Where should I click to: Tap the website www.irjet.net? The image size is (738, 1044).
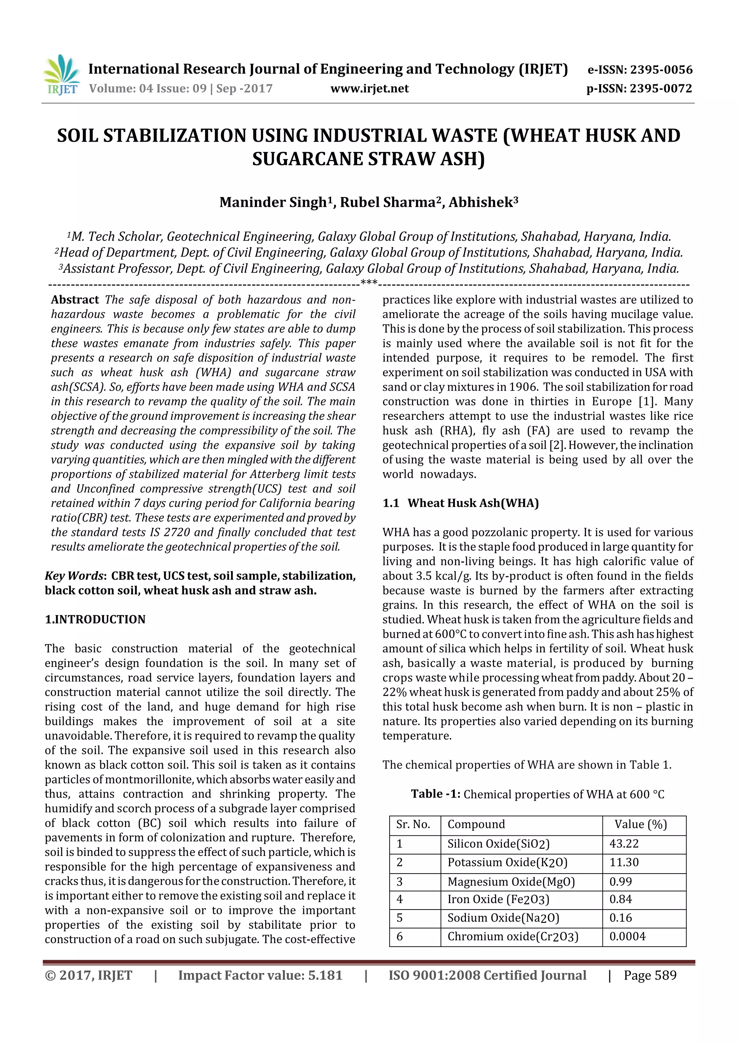(369, 89)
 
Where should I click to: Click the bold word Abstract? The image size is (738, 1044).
(75, 299)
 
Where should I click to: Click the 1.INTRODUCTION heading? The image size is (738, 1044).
(95, 619)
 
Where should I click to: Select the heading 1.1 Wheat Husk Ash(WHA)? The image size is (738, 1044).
(460, 503)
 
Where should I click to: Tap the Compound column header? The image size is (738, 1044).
(476, 825)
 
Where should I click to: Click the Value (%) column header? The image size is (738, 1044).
(640, 825)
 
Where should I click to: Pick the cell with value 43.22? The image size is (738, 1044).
(624, 844)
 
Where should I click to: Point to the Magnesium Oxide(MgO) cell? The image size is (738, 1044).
(511, 882)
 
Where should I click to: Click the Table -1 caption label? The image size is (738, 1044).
(435, 794)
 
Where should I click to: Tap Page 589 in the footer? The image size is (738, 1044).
(650, 975)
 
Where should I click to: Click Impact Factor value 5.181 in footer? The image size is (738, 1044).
(260, 975)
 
